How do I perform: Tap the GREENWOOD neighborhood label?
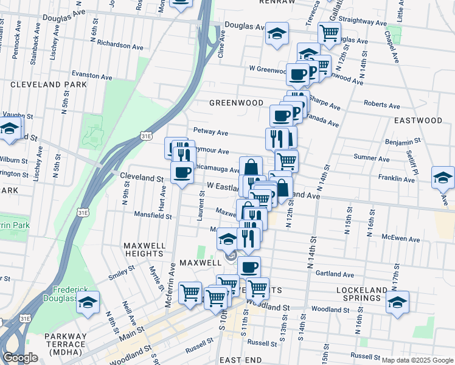(236, 103)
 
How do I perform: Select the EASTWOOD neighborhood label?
(417, 120)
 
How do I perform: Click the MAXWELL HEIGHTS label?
(145, 249)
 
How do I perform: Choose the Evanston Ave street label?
(92, 77)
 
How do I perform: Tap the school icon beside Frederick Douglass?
(88, 302)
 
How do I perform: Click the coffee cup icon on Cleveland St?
(182, 173)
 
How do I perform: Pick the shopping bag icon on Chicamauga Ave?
(251, 167)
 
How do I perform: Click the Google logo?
(19, 358)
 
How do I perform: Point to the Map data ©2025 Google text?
(417, 360)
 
